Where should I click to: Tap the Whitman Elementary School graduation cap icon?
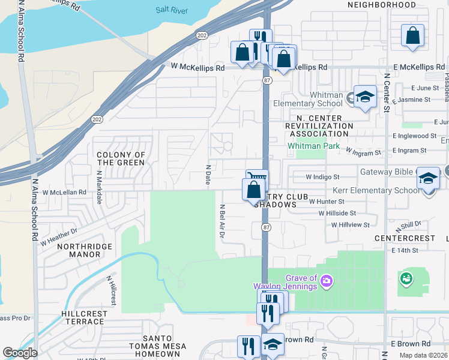click(364, 97)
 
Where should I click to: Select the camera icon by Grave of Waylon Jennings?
click(327, 280)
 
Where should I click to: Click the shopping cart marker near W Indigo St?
click(257, 179)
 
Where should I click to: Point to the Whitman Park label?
click(313, 146)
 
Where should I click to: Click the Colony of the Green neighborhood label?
click(121, 158)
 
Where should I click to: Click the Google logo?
click(20, 353)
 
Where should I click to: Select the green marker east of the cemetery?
click(406, 278)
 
